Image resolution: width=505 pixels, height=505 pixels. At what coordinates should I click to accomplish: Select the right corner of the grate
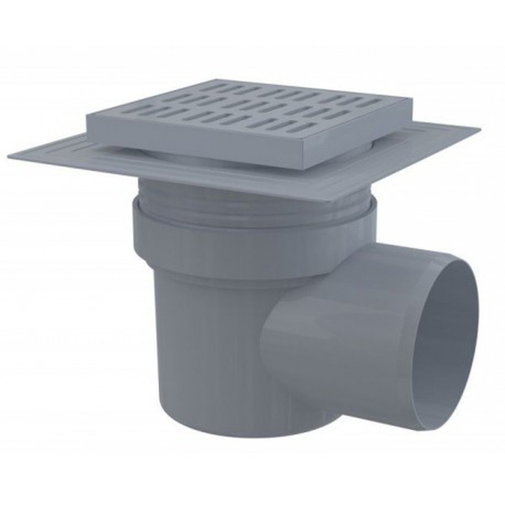[x=412, y=102]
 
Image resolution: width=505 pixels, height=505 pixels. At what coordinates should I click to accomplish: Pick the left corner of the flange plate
[x=10, y=157]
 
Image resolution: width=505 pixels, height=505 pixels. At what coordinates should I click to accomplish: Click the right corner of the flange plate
[x=480, y=127]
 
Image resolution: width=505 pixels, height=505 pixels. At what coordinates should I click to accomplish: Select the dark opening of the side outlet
[x=445, y=343]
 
